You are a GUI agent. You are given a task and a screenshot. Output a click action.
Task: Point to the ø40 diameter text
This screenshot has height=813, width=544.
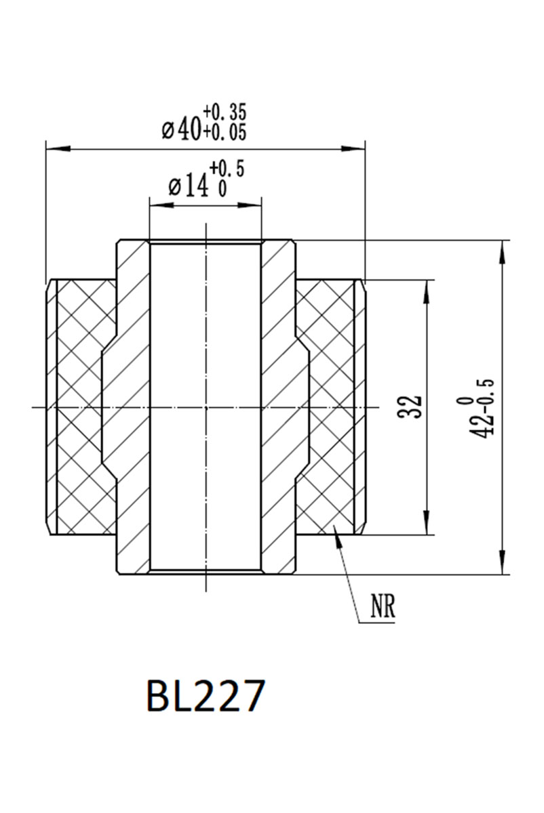click(x=181, y=127)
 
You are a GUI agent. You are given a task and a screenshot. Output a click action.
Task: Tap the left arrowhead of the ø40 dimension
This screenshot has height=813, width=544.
click(x=54, y=147)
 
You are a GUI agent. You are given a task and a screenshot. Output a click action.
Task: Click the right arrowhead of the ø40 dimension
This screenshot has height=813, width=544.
click(x=356, y=147)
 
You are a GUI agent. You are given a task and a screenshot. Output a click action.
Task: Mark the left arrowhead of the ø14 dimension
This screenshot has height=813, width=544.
click(x=157, y=203)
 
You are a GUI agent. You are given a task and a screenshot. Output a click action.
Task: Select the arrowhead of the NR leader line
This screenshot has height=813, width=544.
click(x=335, y=531)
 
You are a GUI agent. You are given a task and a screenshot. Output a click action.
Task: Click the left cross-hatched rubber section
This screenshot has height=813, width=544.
click(x=78, y=406)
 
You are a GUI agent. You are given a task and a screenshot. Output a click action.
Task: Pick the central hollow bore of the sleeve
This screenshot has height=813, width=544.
click(x=204, y=406)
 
